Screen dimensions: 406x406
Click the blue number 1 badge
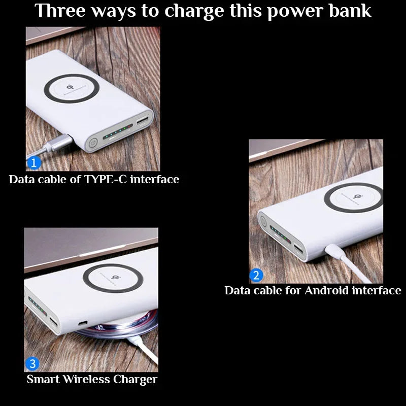tap(33, 163)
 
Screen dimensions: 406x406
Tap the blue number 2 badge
tap(256, 276)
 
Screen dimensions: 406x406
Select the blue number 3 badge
tap(32, 364)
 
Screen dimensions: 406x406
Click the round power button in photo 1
tap(93, 144)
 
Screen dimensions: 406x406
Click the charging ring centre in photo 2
tap(353, 197)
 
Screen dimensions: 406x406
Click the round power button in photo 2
tap(263, 220)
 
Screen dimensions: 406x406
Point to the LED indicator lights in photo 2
tap(278, 234)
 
